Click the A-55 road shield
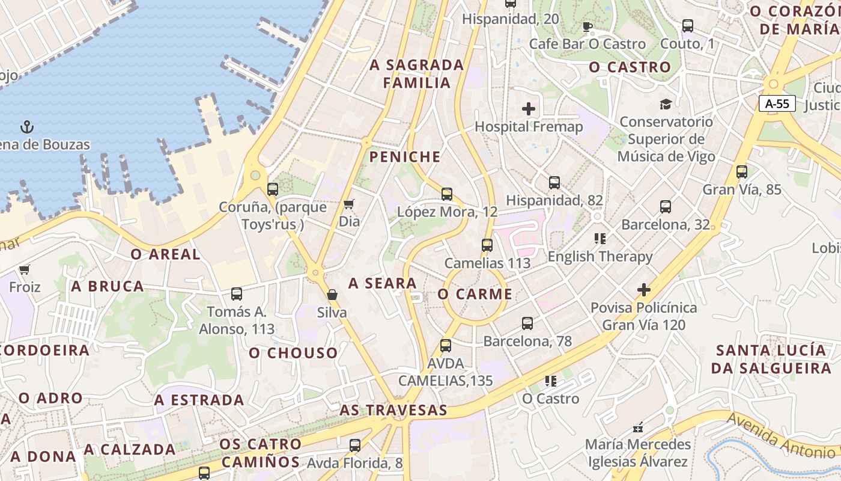[x=777, y=103]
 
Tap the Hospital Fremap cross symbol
[x=529, y=109]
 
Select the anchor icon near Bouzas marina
[x=27, y=127]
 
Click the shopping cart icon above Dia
[x=348, y=204]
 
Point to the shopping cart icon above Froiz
[x=24, y=269]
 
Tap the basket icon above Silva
[x=332, y=295]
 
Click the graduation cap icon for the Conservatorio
[x=665, y=104]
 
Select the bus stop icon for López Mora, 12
[x=446, y=194]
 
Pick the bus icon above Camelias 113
[x=487, y=245]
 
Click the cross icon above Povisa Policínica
[x=643, y=290]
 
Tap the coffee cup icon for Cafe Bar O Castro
[x=587, y=26]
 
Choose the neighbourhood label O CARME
[x=475, y=294]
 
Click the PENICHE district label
[x=405, y=157]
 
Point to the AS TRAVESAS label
[x=393, y=410]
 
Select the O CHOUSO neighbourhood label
[x=293, y=353]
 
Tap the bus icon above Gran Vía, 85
[x=741, y=172]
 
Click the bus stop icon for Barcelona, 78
[x=527, y=323]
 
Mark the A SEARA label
[x=383, y=283]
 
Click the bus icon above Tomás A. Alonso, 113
[x=237, y=294]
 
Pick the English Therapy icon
[x=600, y=239]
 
